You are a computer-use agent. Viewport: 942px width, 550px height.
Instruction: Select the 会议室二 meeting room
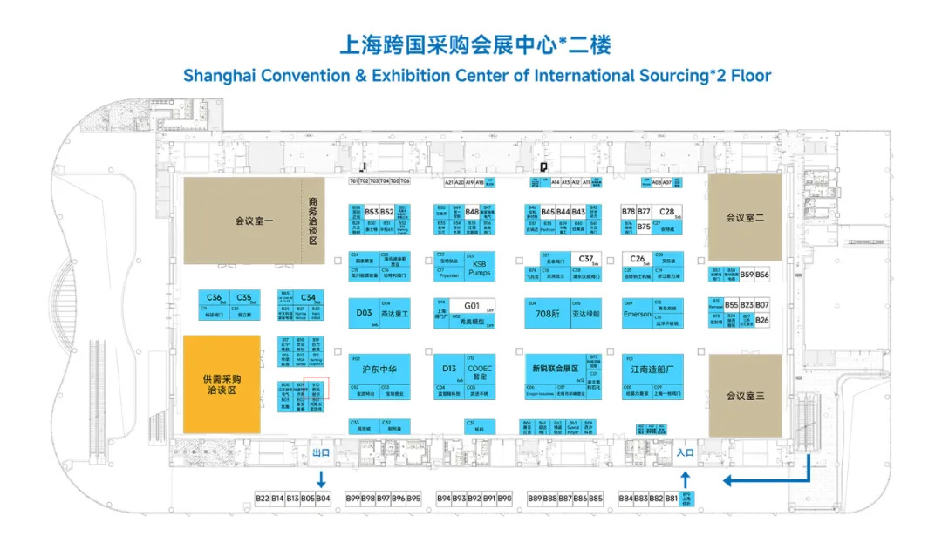[744, 217]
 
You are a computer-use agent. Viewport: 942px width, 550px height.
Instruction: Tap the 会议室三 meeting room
[744, 396]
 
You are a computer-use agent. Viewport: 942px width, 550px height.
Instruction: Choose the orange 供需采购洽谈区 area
[221, 384]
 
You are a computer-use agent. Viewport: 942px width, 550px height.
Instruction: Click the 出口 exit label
[321, 452]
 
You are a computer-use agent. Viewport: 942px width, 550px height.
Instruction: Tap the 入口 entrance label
[685, 452]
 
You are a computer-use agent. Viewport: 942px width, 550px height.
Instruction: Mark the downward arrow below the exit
[321, 479]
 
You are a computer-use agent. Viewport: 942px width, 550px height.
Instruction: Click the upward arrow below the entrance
[685, 479]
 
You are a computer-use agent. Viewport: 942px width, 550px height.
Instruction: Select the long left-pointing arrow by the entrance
[759, 479]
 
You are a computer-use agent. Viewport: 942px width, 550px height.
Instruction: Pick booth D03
[365, 313]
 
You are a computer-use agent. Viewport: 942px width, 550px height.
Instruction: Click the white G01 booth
[472, 306]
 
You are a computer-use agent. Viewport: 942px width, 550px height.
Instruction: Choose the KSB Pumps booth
[481, 267]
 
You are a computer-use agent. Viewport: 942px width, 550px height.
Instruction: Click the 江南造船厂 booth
[652, 369]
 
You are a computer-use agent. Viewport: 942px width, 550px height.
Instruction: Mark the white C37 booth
[586, 258]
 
